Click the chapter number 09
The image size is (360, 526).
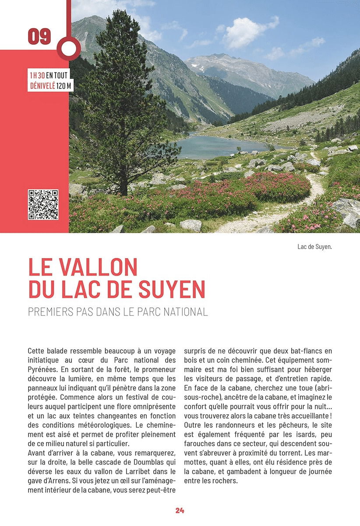[39, 37]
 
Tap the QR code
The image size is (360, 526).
[43, 204]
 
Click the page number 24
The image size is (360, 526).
[180, 510]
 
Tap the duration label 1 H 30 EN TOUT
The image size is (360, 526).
[49, 75]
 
